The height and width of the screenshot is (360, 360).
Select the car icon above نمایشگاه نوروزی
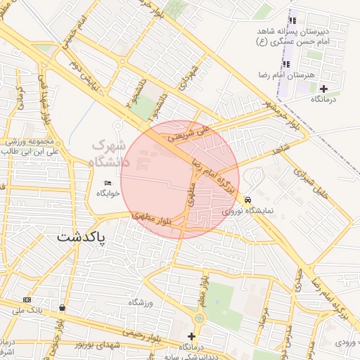(247, 200)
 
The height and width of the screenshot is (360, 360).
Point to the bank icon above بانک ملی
(27, 300)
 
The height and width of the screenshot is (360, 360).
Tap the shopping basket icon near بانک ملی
(63, 307)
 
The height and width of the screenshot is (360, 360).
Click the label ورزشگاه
(141, 302)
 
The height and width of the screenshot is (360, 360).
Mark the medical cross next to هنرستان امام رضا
(323, 89)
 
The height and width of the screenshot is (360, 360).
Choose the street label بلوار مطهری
(153, 219)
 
